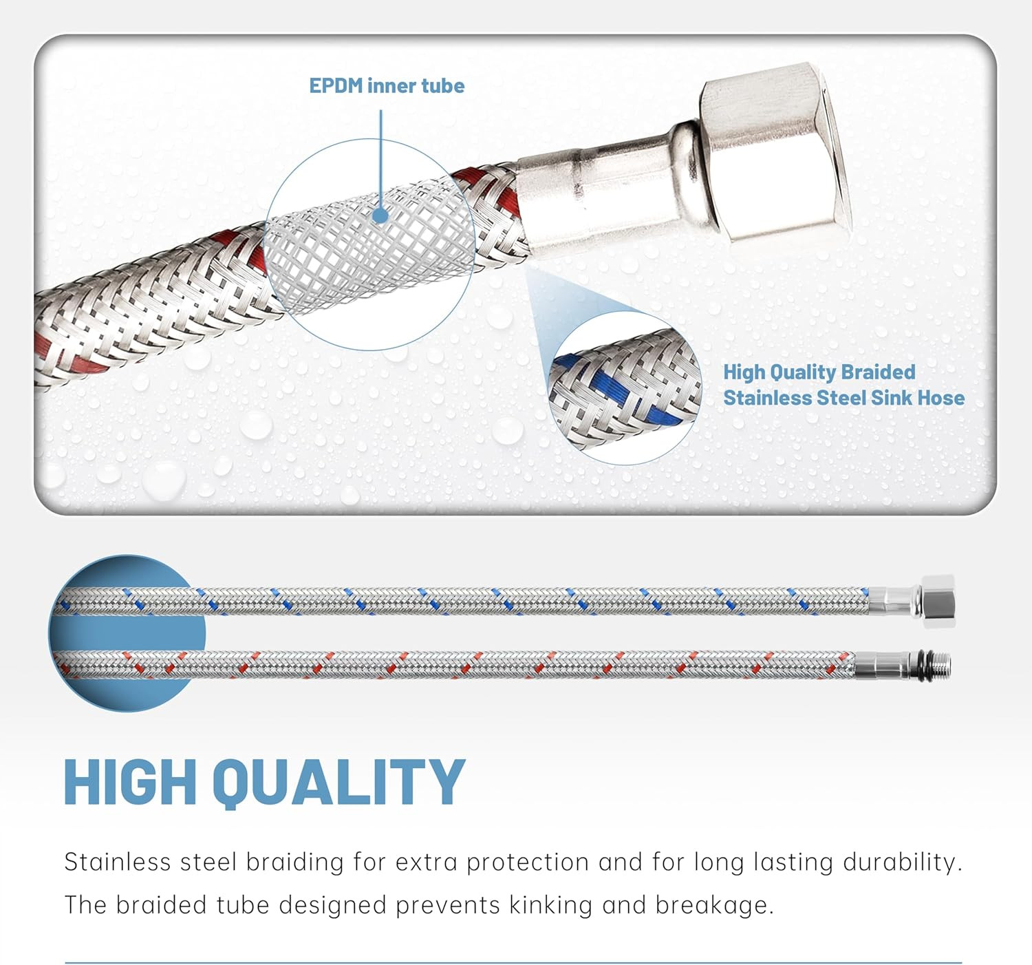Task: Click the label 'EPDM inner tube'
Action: pos(387,86)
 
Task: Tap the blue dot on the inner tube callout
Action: pos(380,216)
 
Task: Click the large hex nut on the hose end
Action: pos(777,155)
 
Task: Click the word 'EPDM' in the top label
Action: pos(336,86)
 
